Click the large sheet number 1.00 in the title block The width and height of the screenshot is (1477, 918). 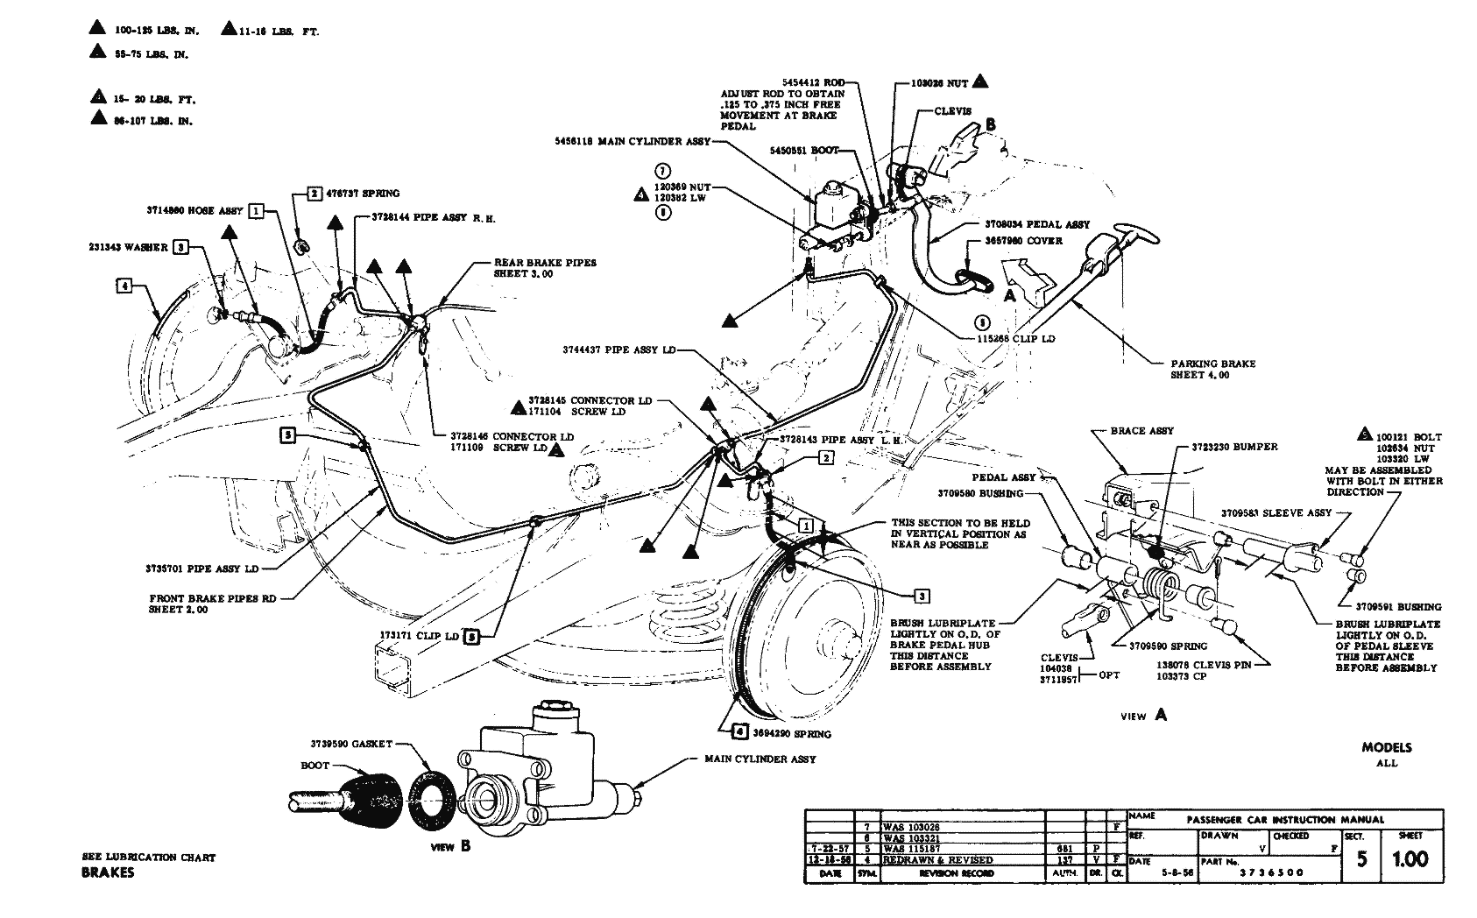(x=1410, y=858)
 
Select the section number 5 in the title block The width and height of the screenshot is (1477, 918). (x=1361, y=859)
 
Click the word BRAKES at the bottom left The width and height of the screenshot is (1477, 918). (x=108, y=872)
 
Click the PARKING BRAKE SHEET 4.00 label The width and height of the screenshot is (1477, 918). (x=1213, y=369)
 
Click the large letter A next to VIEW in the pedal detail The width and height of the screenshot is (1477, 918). (x=1161, y=714)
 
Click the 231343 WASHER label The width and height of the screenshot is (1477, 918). (x=127, y=247)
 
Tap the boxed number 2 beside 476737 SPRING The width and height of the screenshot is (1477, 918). (x=314, y=194)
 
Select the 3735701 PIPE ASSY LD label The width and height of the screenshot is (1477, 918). (x=202, y=568)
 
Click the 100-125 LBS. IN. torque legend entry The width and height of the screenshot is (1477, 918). (x=157, y=31)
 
